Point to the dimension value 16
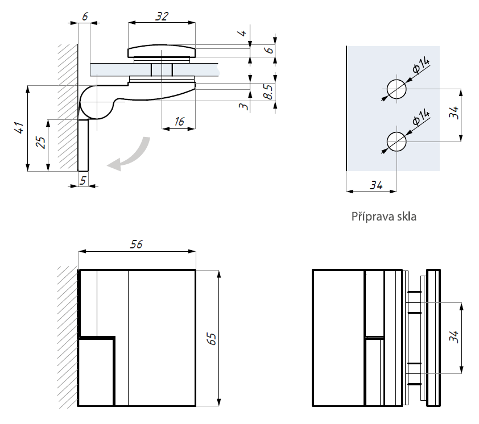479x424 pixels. click(179, 120)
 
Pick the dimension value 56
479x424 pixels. click(137, 244)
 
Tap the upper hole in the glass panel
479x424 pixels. click(397, 89)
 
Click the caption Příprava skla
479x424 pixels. click(384, 217)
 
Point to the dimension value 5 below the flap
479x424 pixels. click(83, 180)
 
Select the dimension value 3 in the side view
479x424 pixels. click(243, 106)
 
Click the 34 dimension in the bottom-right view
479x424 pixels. click(453, 337)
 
